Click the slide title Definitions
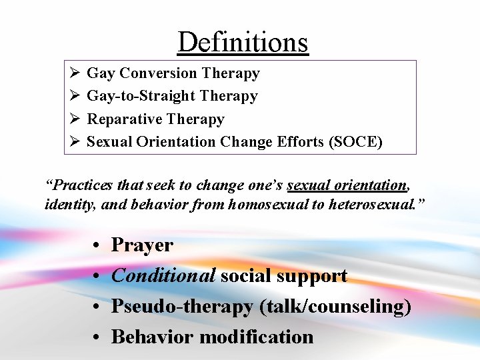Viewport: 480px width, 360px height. click(243, 42)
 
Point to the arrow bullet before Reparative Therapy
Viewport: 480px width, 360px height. click(75, 119)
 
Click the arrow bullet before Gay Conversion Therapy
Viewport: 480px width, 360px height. click(75, 73)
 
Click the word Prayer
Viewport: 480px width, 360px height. click(142, 245)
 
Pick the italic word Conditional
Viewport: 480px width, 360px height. click(163, 275)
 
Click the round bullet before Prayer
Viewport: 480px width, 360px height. click(97, 246)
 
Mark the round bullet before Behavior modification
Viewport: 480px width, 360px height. click(97, 337)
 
